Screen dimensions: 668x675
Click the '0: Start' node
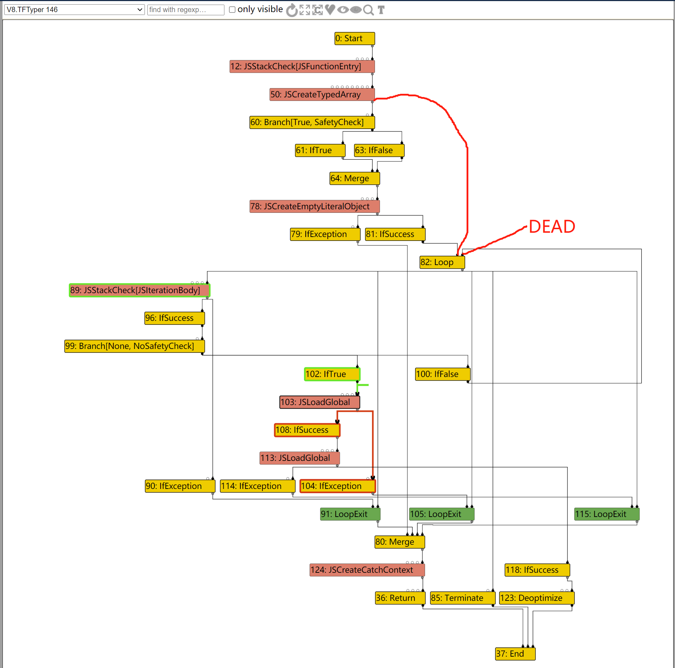click(354, 38)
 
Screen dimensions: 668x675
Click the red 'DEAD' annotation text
click(552, 227)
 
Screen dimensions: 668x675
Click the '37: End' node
click(515, 654)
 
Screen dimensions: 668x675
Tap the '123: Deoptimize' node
click(537, 598)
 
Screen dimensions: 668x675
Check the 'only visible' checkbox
click(232, 10)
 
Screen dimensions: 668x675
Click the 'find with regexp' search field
click(185, 10)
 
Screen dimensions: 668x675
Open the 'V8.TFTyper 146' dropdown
click(74, 10)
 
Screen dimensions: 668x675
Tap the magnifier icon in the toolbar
click(368, 10)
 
